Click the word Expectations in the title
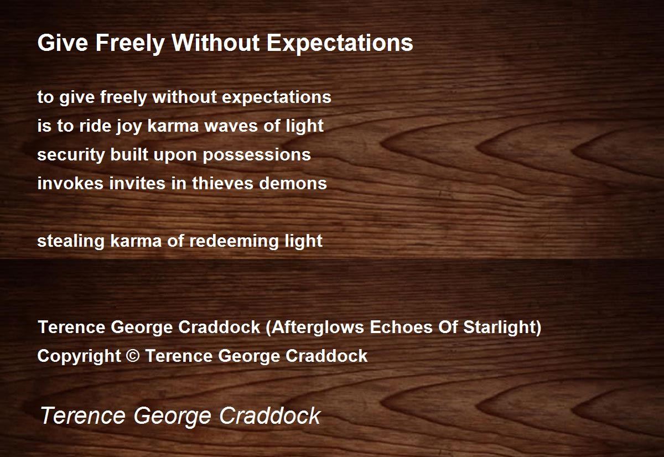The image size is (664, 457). click(340, 44)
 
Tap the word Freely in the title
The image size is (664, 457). click(130, 44)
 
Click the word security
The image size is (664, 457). click(71, 155)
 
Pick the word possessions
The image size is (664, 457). click(257, 155)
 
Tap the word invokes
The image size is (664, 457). click(71, 183)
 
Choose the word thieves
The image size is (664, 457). click(222, 183)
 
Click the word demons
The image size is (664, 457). click(293, 184)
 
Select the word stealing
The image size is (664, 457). click(71, 241)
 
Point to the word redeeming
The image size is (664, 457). click(234, 241)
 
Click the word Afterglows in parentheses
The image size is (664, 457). click(318, 328)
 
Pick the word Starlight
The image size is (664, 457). click(499, 328)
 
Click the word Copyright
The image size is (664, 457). click(79, 356)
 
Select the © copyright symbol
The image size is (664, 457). click(132, 356)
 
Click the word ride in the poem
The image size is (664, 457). click(95, 126)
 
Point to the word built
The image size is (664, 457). click(129, 154)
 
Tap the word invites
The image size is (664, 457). click(138, 183)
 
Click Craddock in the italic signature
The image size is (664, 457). click(270, 416)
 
